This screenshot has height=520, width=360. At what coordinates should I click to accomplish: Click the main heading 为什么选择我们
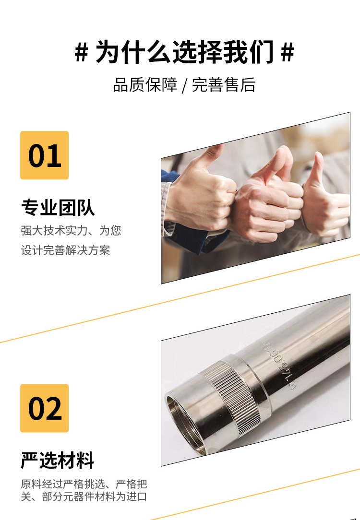click(184, 52)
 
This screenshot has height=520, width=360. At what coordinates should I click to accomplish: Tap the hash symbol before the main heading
click(81, 52)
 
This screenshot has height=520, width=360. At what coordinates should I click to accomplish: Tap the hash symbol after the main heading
click(288, 52)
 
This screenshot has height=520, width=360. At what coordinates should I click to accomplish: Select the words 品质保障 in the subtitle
click(145, 84)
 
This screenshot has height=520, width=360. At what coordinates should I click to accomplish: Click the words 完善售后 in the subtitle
click(224, 84)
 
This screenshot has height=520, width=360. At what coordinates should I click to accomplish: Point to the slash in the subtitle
click(185, 85)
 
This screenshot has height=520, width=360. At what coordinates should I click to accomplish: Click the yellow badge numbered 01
click(45, 155)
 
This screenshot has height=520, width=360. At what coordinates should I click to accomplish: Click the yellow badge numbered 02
click(45, 408)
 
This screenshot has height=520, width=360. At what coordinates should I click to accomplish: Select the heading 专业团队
click(58, 208)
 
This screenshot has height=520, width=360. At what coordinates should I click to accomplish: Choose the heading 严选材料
click(58, 461)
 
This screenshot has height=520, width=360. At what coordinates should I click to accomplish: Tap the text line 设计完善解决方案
click(65, 250)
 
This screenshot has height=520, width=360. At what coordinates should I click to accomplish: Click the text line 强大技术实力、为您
click(71, 230)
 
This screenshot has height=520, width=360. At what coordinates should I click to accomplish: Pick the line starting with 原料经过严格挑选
click(84, 484)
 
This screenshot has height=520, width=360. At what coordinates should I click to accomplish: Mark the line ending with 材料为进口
click(84, 496)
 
